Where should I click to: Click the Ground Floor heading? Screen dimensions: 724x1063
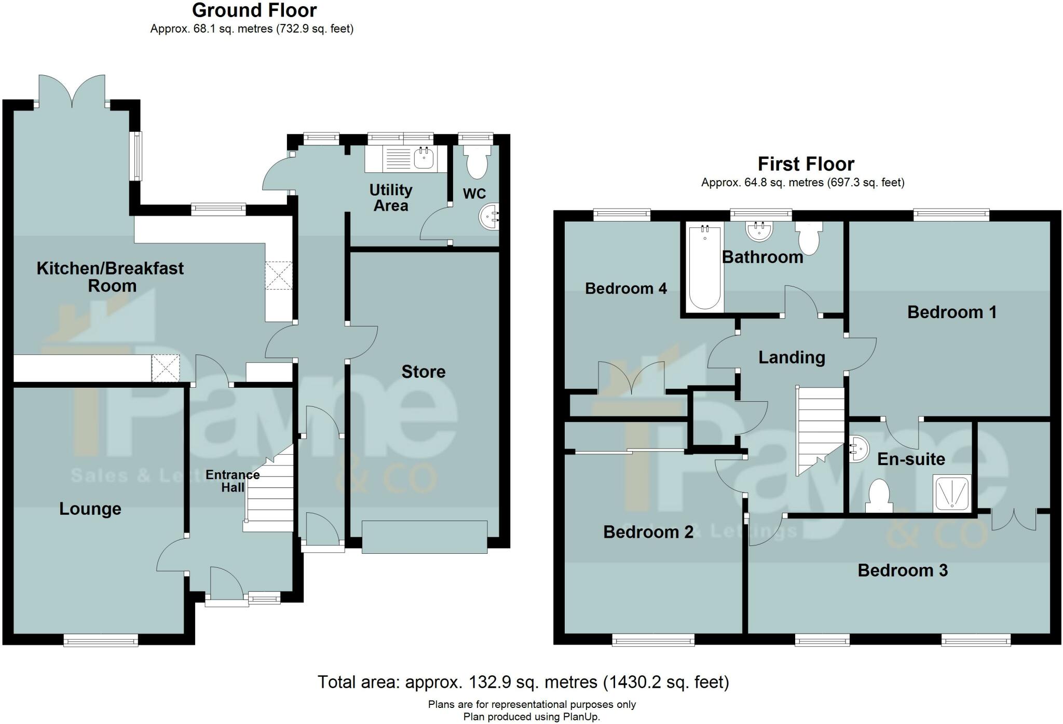pos(254,10)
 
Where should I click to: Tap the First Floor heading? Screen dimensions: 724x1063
pos(806,164)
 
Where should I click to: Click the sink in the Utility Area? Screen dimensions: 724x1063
pos(424,158)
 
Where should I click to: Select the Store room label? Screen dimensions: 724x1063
pos(423,372)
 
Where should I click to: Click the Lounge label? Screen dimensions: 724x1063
pos(90,509)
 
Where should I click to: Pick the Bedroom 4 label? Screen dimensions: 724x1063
pos(625,288)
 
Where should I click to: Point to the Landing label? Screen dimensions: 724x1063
pos(792,357)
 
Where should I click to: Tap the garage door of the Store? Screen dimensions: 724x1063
pos(424,537)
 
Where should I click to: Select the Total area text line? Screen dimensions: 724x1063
pos(523,682)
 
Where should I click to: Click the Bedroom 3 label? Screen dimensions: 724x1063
pos(902,570)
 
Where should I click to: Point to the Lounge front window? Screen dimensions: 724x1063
pos(101,641)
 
